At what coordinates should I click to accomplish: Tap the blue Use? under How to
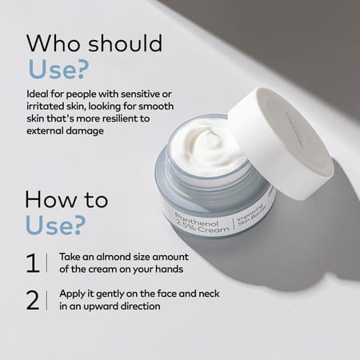point(54,226)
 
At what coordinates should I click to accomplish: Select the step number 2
point(33,299)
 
